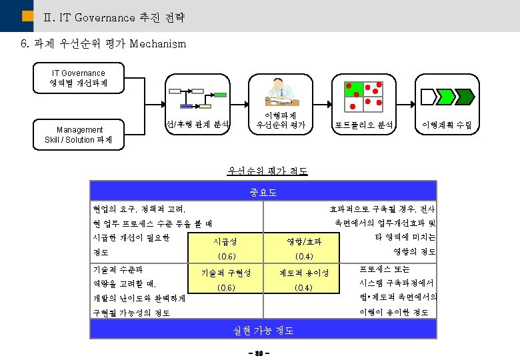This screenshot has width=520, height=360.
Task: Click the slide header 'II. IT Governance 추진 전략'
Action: click(x=113, y=17)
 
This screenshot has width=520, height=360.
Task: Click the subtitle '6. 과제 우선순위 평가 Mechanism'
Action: click(x=104, y=45)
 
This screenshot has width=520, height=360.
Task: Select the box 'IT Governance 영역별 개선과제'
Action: click(x=78, y=78)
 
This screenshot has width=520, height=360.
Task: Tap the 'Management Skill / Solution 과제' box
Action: click(x=79, y=135)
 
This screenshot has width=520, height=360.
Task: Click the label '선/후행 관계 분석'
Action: click(x=197, y=124)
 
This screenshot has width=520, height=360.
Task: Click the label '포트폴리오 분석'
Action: click(x=364, y=125)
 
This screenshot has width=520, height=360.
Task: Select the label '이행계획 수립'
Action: click(x=446, y=125)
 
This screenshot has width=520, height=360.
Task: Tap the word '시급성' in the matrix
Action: click(x=226, y=241)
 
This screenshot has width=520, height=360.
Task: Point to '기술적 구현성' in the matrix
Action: click(x=226, y=273)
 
